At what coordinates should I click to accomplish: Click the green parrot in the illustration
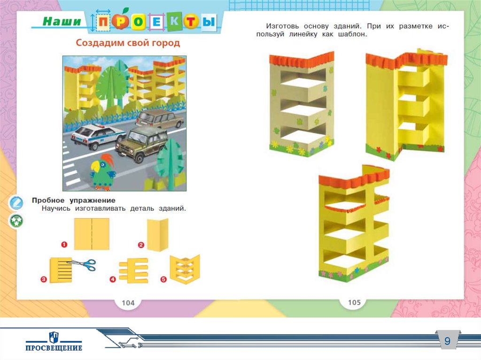point(103,172)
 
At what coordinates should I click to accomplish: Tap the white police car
point(98,136)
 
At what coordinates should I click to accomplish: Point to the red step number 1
point(64,244)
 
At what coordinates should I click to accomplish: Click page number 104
point(128,303)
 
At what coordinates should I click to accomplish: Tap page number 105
point(354,302)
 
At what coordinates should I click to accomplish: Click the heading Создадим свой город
point(128,43)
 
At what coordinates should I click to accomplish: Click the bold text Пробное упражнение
point(74,200)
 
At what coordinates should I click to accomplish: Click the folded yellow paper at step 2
point(157,236)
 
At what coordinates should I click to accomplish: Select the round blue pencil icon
point(16,203)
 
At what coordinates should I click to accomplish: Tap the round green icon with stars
point(16,221)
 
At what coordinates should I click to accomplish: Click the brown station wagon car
point(162,120)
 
